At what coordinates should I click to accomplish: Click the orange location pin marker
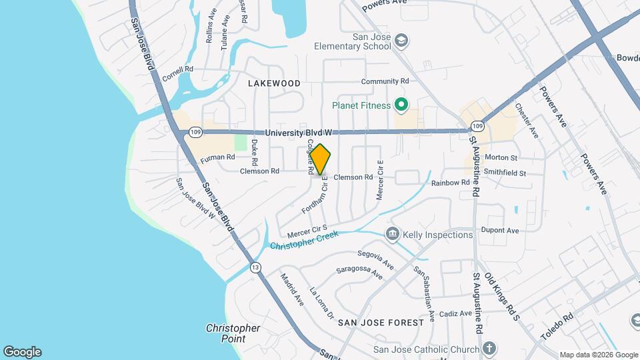coord(321,159)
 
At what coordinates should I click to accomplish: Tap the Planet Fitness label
coord(361,105)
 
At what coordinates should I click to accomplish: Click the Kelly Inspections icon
coord(393,234)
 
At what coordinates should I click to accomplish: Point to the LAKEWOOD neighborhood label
coord(274,83)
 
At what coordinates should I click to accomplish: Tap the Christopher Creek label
coord(304,241)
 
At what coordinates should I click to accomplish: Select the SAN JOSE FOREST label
coord(381,322)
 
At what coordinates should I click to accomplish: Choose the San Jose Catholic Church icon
coord(489,349)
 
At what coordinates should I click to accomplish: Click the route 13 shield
coord(255,268)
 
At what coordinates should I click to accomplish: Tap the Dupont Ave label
coord(503,231)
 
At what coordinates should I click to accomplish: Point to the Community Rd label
coord(385,81)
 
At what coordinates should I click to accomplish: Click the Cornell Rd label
coord(177,69)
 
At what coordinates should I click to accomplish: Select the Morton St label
coord(501,158)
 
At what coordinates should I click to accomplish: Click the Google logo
coord(22,351)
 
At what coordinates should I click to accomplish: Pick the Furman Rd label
coord(218,158)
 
